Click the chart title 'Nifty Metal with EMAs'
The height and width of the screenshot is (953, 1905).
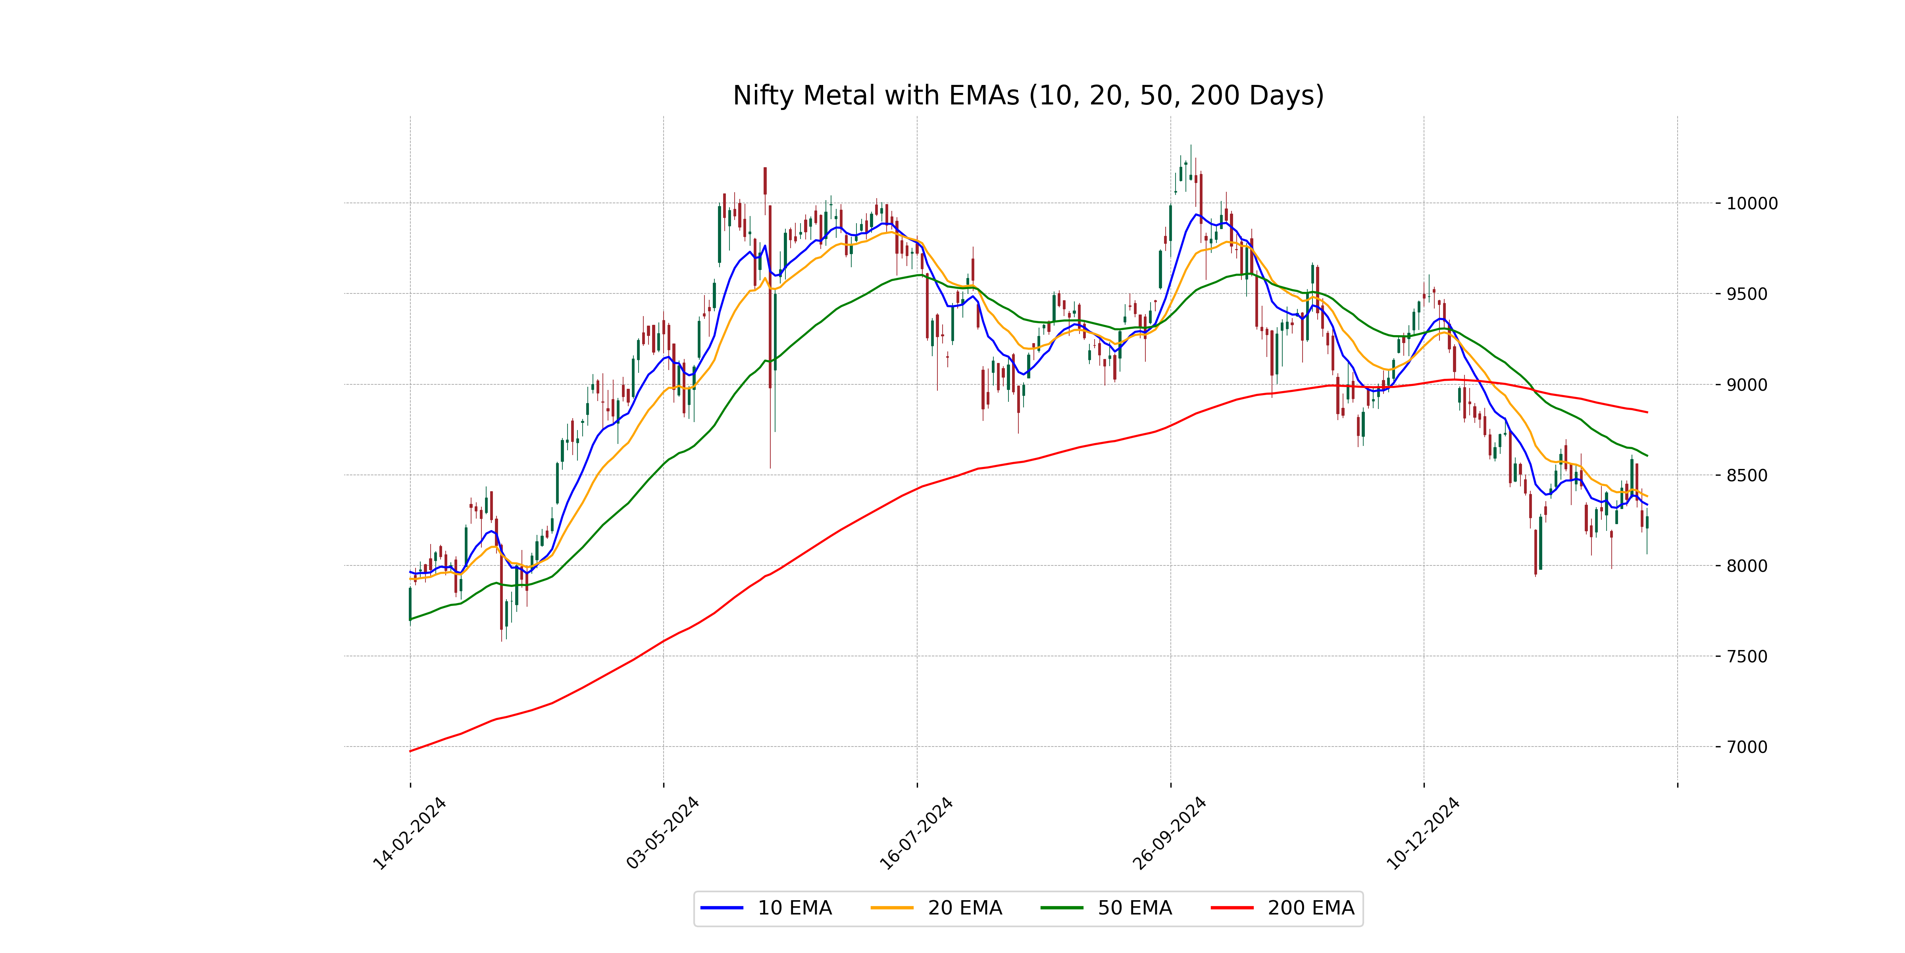1028,95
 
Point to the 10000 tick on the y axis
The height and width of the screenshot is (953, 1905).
1751,203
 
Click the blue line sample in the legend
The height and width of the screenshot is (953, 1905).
722,908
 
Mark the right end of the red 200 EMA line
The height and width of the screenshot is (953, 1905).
1647,412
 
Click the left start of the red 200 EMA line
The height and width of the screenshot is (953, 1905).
410,751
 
